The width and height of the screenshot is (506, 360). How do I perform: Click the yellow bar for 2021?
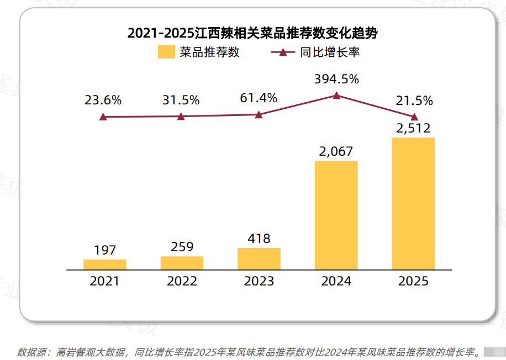[x=105, y=264]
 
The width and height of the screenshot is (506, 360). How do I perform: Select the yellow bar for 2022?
[x=182, y=263]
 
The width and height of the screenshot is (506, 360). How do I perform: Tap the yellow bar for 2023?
[x=259, y=258]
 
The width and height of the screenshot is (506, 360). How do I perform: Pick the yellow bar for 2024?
[x=336, y=215]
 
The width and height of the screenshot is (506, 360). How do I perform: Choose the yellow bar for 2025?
[x=413, y=204]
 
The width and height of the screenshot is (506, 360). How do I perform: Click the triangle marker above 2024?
[x=336, y=95]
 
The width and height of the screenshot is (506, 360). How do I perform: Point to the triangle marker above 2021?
[x=103, y=117]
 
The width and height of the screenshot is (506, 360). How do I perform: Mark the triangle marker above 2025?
[x=414, y=116]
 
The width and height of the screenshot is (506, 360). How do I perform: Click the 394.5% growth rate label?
[x=336, y=79]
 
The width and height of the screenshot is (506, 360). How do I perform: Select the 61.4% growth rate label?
[x=259, y=98]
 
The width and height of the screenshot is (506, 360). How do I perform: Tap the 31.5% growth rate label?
[x=181, y=100]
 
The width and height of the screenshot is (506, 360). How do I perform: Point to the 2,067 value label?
[x=336, y=151]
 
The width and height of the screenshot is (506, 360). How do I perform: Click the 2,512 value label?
[x=413, y=128]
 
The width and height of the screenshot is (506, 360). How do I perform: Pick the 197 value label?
[x=105, y=250]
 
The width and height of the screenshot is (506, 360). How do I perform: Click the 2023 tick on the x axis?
[x=259, y=281]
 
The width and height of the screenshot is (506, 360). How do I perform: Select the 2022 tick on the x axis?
[x=182, y=281]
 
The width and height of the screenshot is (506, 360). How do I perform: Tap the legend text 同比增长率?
[x=330, y=52]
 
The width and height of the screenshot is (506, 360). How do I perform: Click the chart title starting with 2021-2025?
[x=253, y=33]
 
